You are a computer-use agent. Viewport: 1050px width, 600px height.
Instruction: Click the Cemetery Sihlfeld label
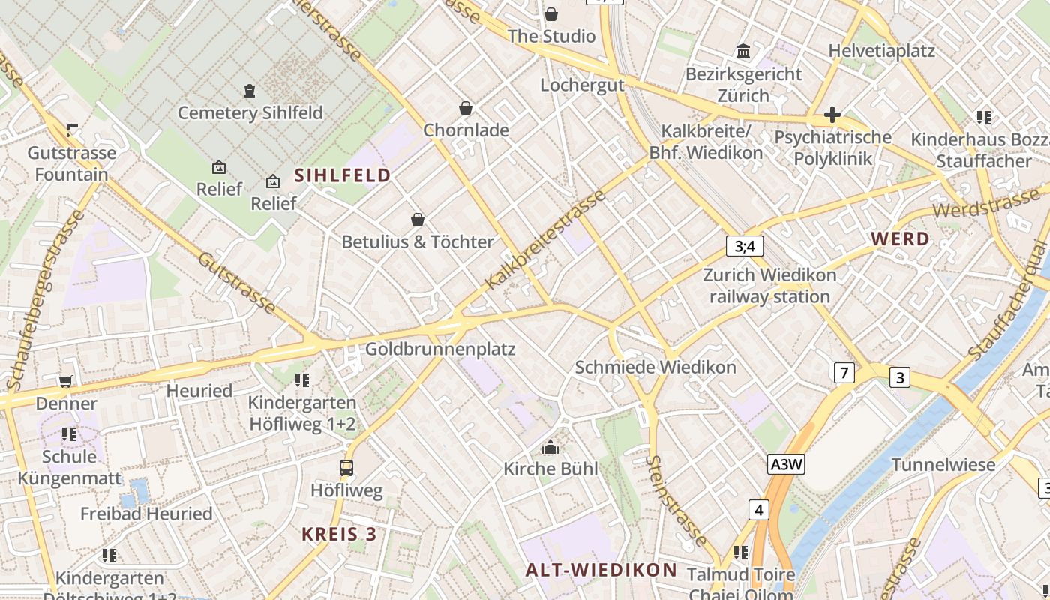(250, 113)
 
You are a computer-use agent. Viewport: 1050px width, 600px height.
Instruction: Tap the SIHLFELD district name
(343, 175)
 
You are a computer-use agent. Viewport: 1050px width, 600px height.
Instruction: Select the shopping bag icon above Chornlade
(466, 108)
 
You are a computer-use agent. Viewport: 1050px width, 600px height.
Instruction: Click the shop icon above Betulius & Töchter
(418, 220)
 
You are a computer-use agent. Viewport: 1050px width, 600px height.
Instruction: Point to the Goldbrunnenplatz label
(440, 349)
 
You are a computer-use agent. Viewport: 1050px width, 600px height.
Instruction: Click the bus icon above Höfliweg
(346, 468)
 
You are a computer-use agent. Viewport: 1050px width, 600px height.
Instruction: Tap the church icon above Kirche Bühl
(550, 447)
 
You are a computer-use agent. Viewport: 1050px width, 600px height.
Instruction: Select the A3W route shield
(786, 465)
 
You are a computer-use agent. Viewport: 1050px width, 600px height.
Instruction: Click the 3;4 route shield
(744, 246)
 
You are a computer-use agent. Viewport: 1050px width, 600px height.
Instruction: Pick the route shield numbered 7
(844, 372)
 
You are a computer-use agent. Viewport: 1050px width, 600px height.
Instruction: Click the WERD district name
(900, 239)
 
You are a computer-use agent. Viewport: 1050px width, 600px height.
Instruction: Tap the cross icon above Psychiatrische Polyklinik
(832, 115)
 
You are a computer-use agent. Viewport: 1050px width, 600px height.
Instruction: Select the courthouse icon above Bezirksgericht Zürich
(743, 52)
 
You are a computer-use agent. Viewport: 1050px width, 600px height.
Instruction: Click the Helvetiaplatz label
(881, 51)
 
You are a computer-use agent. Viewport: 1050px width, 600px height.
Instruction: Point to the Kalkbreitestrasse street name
(545, 240)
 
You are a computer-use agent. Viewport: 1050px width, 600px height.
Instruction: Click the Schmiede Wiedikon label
(655, 367)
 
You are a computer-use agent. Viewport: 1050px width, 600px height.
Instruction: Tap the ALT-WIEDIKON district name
(601, 570)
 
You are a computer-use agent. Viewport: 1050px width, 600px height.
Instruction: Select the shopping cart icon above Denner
(66, 381)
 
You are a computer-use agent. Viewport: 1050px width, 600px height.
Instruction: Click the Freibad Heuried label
(146, 514)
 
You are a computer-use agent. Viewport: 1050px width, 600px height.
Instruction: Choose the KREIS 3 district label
(338, 535)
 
